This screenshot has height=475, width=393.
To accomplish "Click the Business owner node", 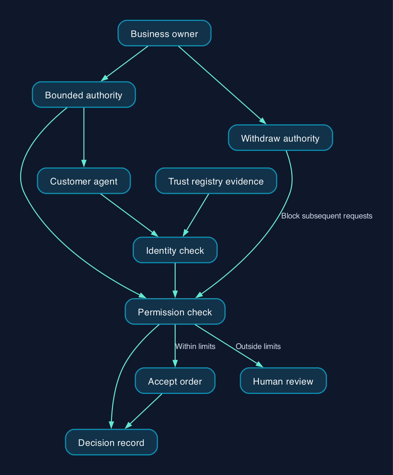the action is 164,33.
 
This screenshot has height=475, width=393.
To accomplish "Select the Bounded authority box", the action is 84,95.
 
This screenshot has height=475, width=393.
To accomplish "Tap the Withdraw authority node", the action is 280,138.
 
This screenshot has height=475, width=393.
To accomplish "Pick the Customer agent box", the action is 84,181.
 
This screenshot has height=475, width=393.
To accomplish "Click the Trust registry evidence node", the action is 216,181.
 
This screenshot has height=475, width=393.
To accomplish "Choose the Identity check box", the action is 175,250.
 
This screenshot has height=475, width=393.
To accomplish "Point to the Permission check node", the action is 175,311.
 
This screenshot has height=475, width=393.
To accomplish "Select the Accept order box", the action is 175,381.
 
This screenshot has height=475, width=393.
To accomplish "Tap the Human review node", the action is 283,381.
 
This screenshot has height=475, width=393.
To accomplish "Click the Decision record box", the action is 111,442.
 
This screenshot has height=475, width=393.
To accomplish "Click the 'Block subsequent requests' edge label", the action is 327,216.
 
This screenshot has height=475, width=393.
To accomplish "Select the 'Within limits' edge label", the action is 196,346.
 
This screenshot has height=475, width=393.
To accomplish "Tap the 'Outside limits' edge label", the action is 258,346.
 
